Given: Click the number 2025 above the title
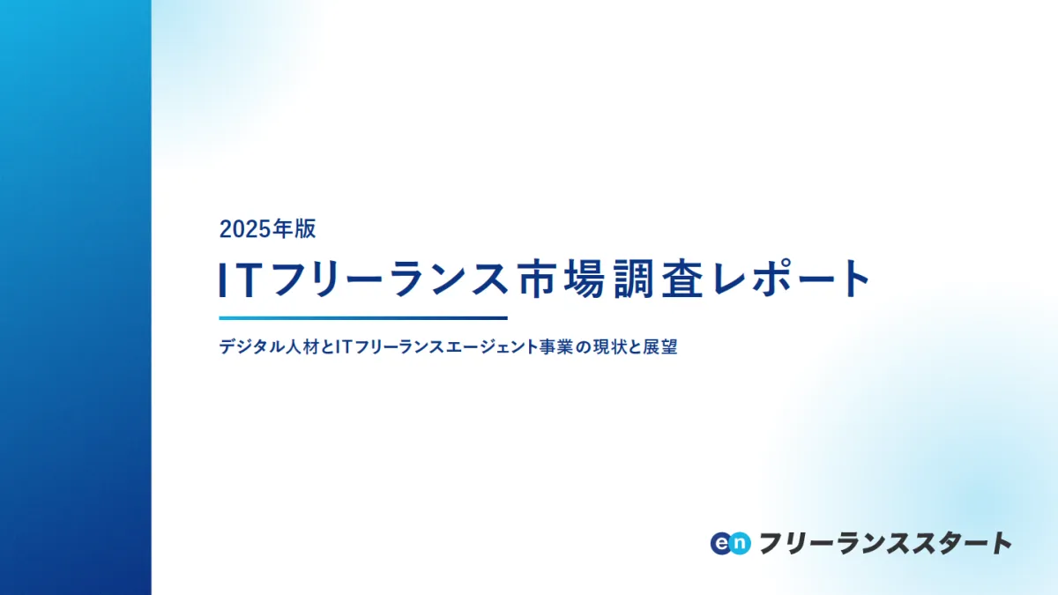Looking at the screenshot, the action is pyautogui.click(x=245, y=229).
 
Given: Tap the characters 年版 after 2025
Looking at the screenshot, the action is pyautogui.click(x=294, y=229).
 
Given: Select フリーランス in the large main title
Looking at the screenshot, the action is pyautogui.click(x=389, y=279).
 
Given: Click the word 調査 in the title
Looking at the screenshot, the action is pyautogui.click(x=659, y=279).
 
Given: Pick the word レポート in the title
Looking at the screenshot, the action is pyautogui.click(x=791, y=279).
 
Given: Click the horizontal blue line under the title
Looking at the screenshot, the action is pyautogui.click(x=363, y=318).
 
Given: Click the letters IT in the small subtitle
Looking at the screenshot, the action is pyautogui.click(x=343, y=347).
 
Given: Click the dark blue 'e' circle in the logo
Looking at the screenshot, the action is pyautogui.click(x=722, y=544).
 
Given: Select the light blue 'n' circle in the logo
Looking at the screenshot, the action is pyautogui.click(x=739, y=544).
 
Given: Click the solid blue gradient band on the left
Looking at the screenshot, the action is pyautogui.click(x=76, y=298).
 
